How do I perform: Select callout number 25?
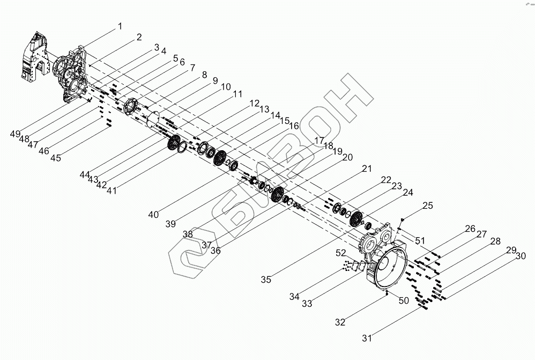[x=427, y=206]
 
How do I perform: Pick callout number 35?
[x=266, y=279]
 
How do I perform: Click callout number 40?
[x=154, y=215]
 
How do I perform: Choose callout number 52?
[x=341, y=252]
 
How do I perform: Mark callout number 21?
[x=366, y=169]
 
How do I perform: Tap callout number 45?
[x=56, y=158]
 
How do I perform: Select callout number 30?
[x=520, y=256]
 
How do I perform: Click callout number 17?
[x=319, y=141]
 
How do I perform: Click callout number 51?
[x=420, y=240]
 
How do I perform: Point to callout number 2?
[x=139, y=38]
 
